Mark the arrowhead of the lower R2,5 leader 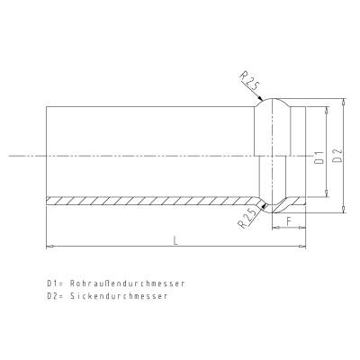[263, 207]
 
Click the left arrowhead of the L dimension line [49, 246]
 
